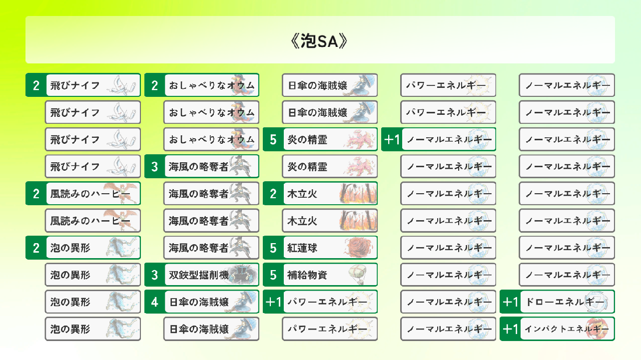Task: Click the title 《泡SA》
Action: click(x=319, y=41)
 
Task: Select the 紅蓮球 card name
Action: click(x=302, y=248)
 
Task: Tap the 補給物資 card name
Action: click(x=307, y=275)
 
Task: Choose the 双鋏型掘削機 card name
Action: click(x=199, y=275)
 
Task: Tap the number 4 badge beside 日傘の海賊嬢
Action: click(x=154, y=302)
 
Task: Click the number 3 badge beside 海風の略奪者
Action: click(x=154, y=166)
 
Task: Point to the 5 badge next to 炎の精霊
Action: click(x=273, y=139)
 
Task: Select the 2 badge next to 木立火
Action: click(x=273, y=194)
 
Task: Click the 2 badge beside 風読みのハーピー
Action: click(x=36, y=194)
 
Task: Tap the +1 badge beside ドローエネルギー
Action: click(x=510, y=302)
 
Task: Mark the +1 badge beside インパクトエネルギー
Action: click(x=510, y=329)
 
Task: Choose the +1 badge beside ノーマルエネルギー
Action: click(x=392, y=139)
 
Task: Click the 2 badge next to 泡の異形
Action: click(x=36, y=248)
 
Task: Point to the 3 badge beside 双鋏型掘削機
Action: click(x=154, y=275)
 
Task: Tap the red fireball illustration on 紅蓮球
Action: click(x=360, y=247)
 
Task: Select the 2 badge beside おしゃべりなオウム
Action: click(x=154, y=85)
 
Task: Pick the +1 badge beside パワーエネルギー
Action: click(x=273, y=302)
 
